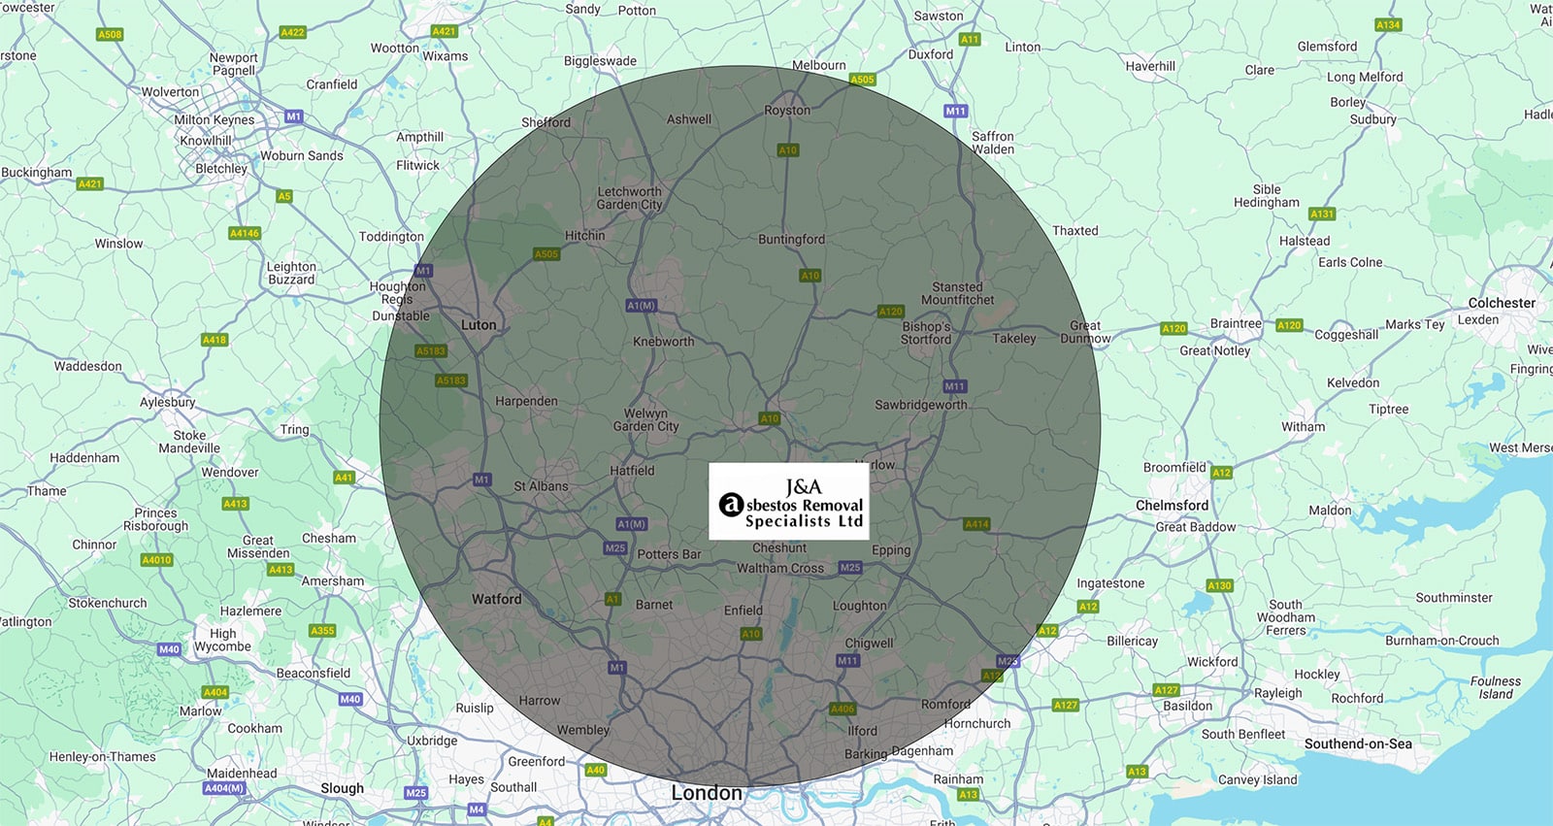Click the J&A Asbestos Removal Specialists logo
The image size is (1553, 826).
[788, 501]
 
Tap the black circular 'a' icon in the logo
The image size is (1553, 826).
[731, 505]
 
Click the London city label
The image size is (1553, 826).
[707, 793]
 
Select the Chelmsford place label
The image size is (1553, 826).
[1172, 506]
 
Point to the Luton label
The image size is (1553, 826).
[479, 325]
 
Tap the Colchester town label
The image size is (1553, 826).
[1502, 303]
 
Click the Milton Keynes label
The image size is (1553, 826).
[215, 120]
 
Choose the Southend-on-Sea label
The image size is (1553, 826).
[1358, 743]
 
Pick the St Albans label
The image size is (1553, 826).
[541, 486]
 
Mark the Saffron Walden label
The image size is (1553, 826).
[993, 143]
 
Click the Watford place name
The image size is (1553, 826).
[496, 599]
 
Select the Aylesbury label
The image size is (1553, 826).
[168, 402]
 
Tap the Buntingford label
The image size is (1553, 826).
[791, 240]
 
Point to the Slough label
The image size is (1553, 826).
[343, 788]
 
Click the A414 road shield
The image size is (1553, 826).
[976, 524]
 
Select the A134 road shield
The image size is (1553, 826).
[1388, 25]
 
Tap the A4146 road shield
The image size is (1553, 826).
[245, 233]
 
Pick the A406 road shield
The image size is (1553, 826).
[843, 710]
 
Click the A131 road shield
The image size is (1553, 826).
[1322, 214]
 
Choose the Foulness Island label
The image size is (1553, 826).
[1496, 687]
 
